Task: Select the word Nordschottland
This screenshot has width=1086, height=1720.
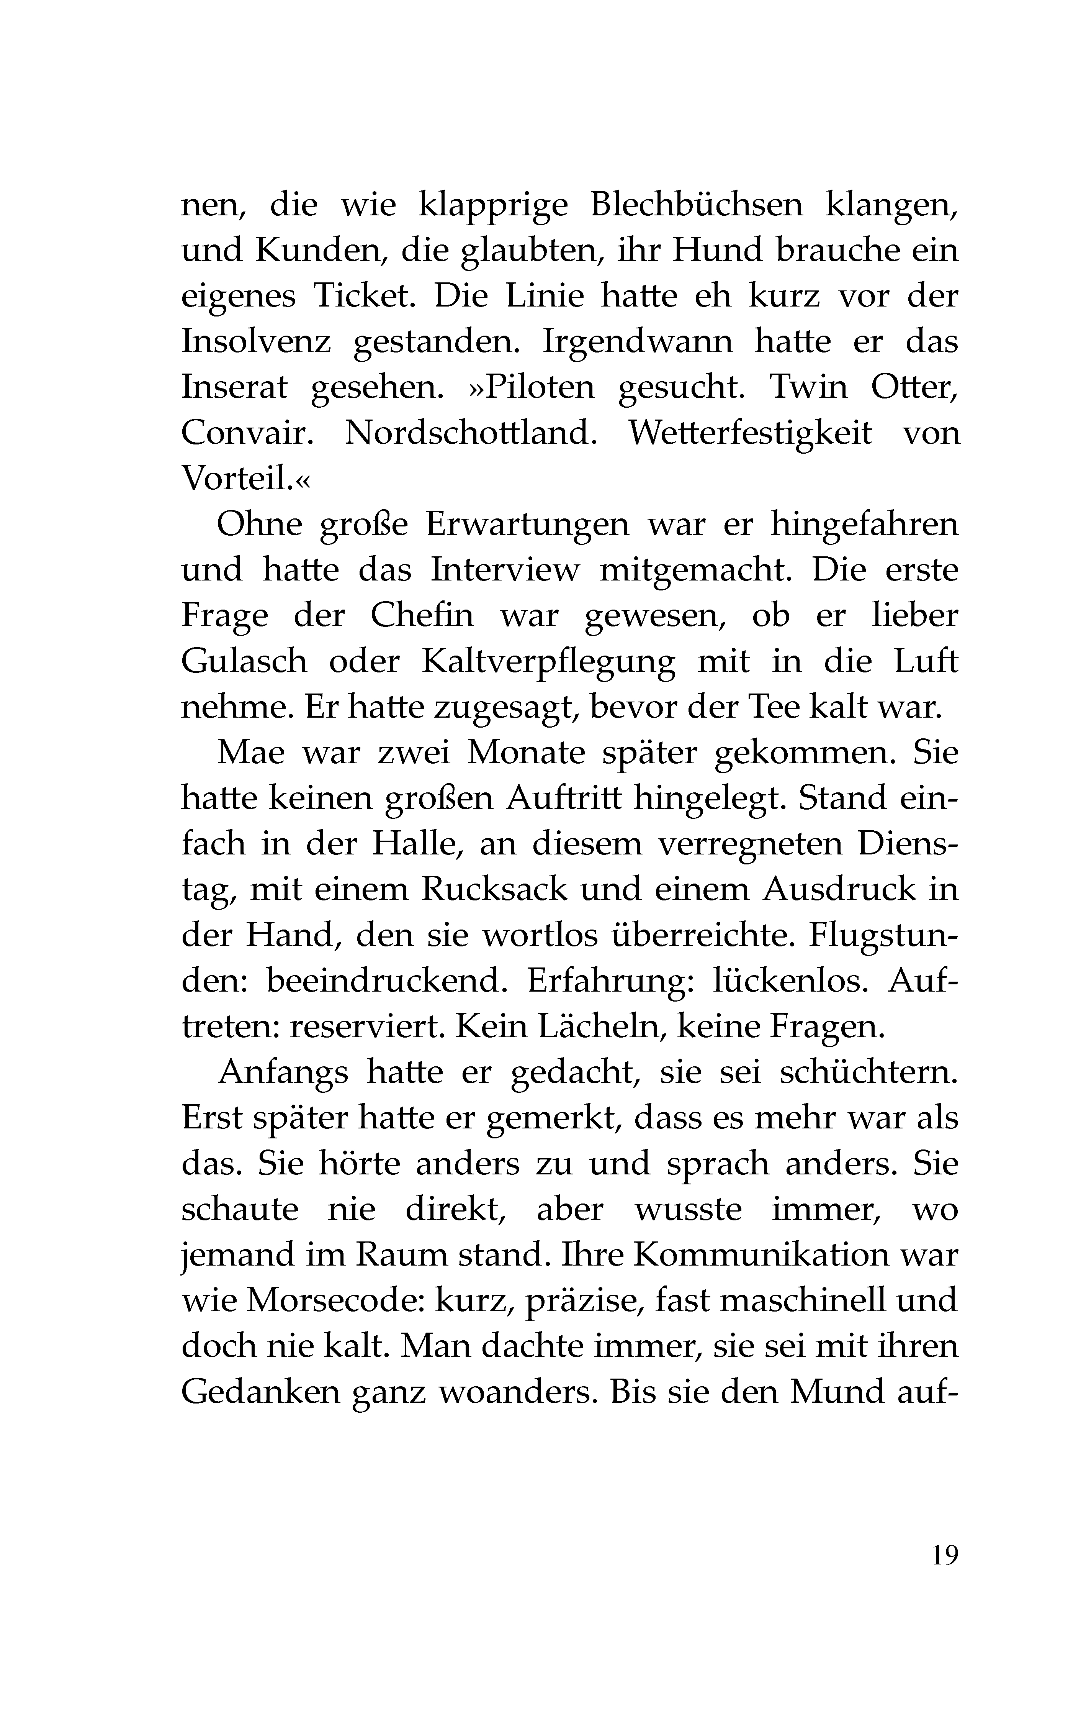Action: coord(471,434)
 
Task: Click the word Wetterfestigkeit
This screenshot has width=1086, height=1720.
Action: coord(750,434)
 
